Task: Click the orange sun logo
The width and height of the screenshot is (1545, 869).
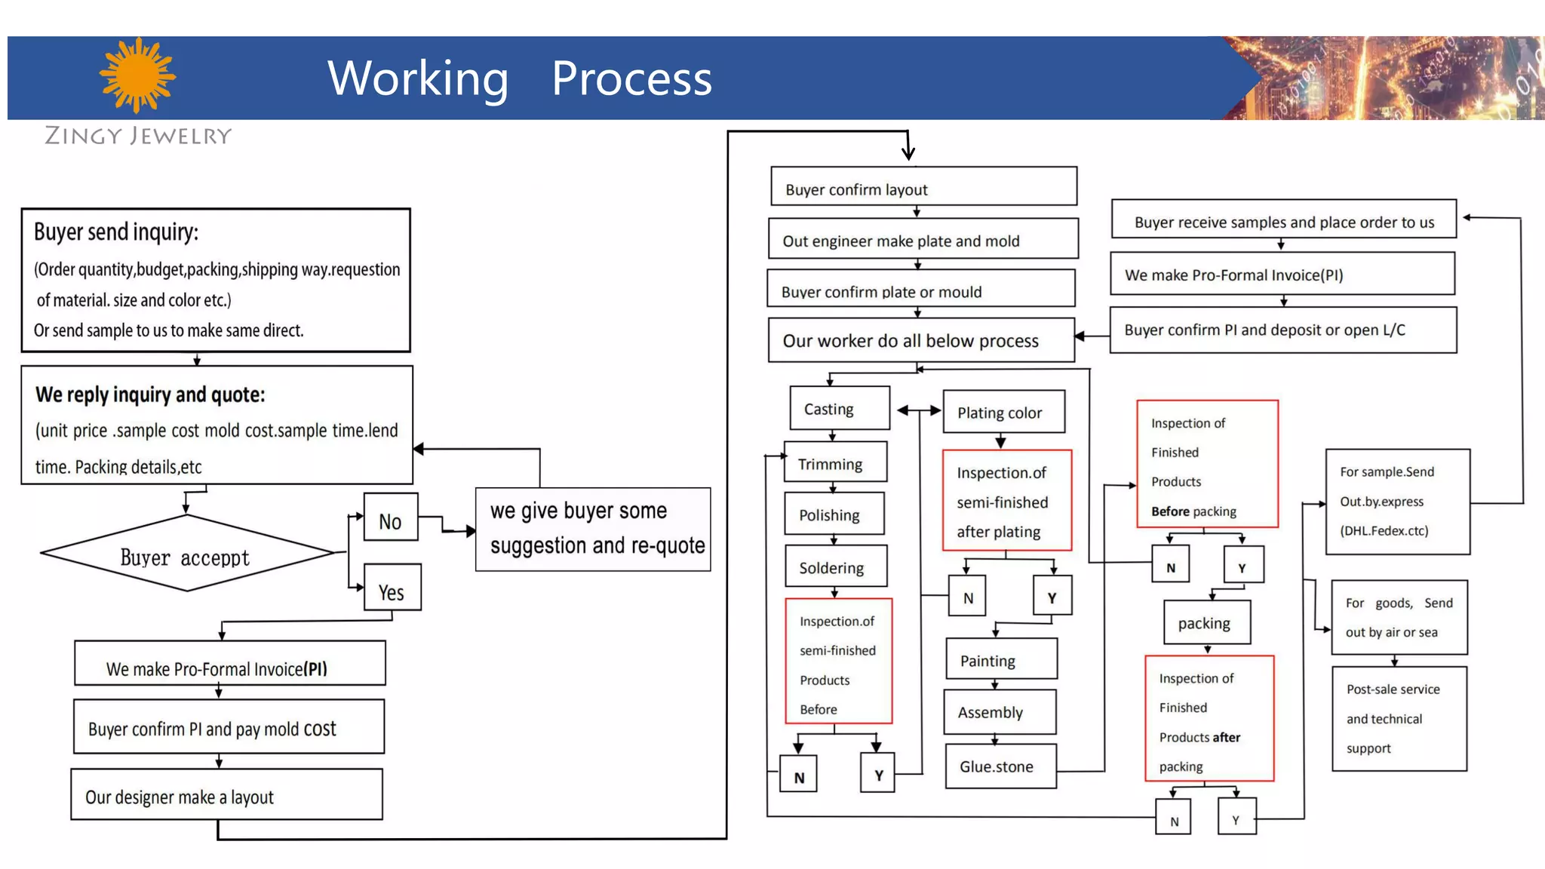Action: [137, 75]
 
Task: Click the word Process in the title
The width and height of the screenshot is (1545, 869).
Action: [631, 78]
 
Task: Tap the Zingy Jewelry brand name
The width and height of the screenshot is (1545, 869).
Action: [138, 136]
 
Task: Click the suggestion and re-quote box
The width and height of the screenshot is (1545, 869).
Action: [593, 529]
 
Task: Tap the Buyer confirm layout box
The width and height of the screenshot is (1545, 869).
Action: [923, 186]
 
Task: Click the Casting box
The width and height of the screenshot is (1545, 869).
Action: [839, 408]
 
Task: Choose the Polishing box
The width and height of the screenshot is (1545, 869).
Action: [834, 514]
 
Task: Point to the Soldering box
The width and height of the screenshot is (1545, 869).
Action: [836, 567]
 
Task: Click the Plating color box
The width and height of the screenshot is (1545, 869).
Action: [1003, 412]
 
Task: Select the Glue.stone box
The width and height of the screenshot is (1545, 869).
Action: [1000, 766]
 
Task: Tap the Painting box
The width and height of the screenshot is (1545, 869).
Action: [1000, 660]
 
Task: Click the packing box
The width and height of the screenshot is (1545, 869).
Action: [1206, 622]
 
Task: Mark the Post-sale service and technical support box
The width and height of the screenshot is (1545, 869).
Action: [1399, 718]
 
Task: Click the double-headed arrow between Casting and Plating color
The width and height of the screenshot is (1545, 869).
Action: [919, 410]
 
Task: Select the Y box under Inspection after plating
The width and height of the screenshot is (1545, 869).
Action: [1052, 597]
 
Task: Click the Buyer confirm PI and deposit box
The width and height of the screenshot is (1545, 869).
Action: [1282, 330]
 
